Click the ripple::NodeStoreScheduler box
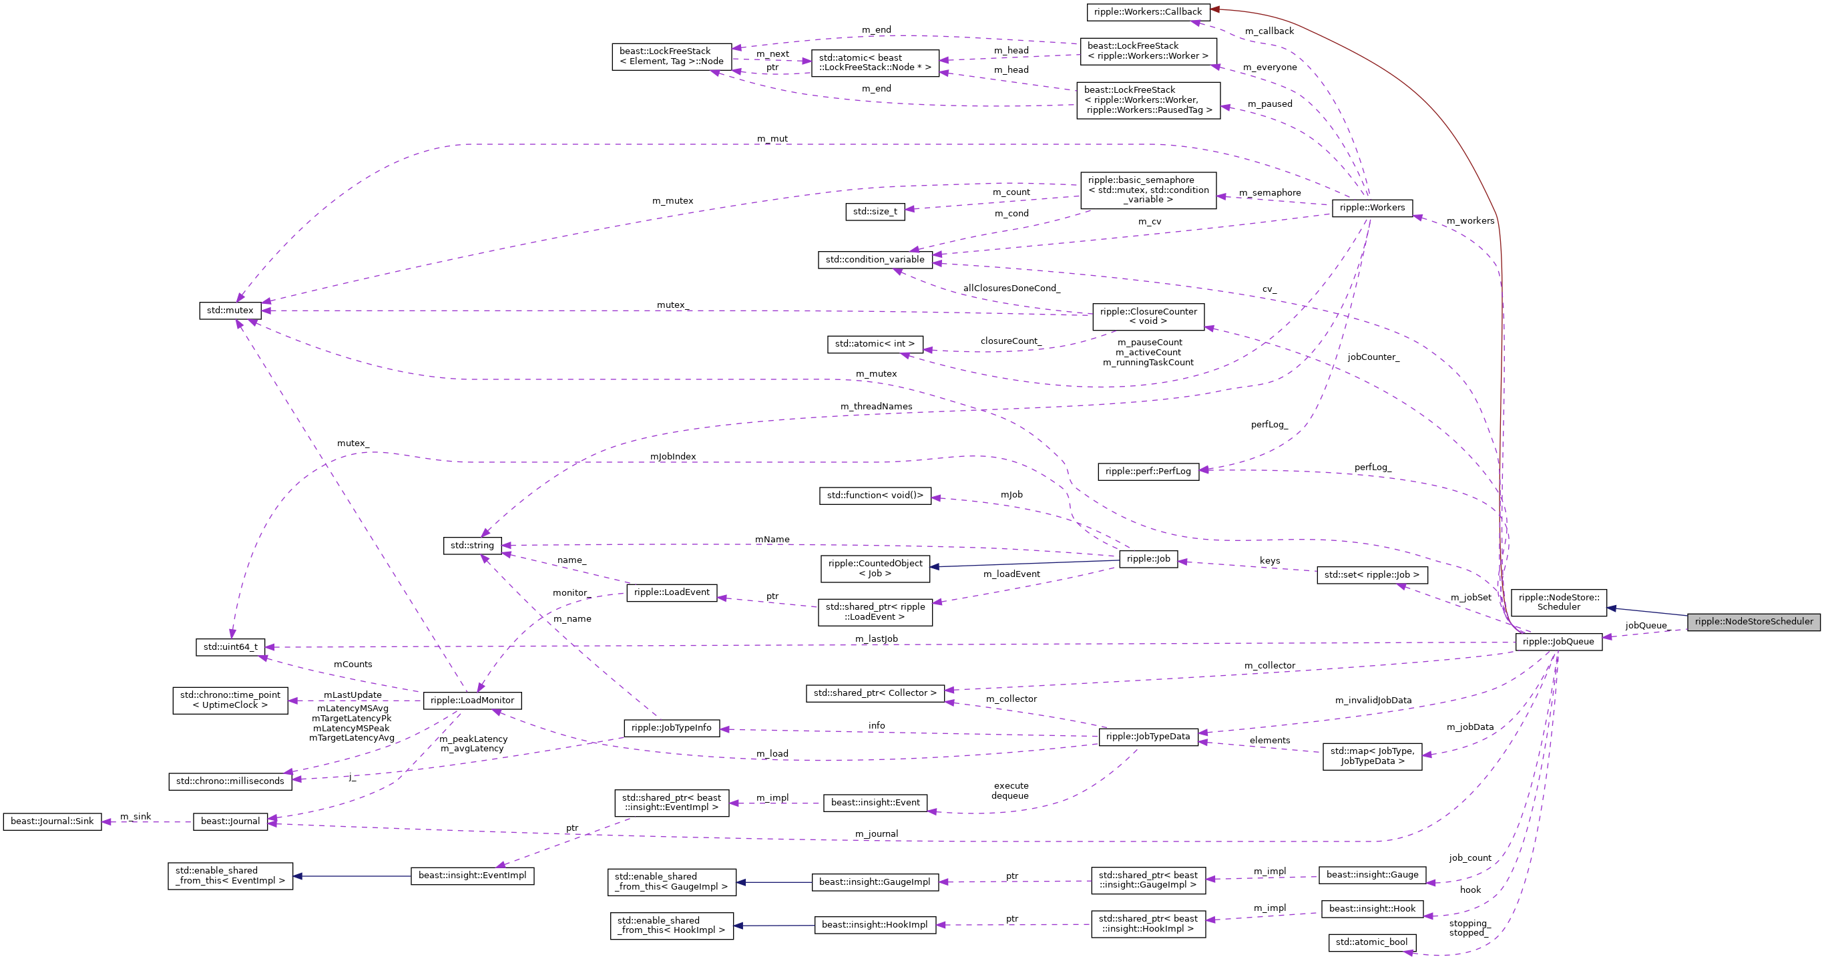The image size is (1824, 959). coord(1753,622)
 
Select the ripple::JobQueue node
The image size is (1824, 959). coord(1558,642)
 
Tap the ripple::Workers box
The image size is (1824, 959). coord(1371,208)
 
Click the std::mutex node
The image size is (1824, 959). coord(230,311)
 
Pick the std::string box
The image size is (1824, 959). coord(472,546)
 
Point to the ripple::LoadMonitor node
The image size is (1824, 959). coord(472,701)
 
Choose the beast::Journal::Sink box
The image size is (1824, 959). coord(52,821)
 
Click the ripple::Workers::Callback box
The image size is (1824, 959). coord(1147,12)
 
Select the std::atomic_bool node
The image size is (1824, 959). coord(1371,943)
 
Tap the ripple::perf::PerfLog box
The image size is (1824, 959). coord(1148,471)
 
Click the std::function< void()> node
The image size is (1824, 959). coord(875,496)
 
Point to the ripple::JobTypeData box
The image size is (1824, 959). coord(1148,737)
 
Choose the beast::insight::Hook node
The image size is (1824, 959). coord(1371,909)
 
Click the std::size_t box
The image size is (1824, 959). coord(875,212)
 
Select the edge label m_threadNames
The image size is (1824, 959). coord(876,407)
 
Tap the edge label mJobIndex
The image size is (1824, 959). coord(673,457)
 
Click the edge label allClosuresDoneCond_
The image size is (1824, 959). coord(1011,289)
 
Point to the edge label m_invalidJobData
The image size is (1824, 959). coord(1373,701)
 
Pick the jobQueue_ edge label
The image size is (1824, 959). coord(1646,625)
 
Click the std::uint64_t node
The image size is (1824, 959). coord(230,647)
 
